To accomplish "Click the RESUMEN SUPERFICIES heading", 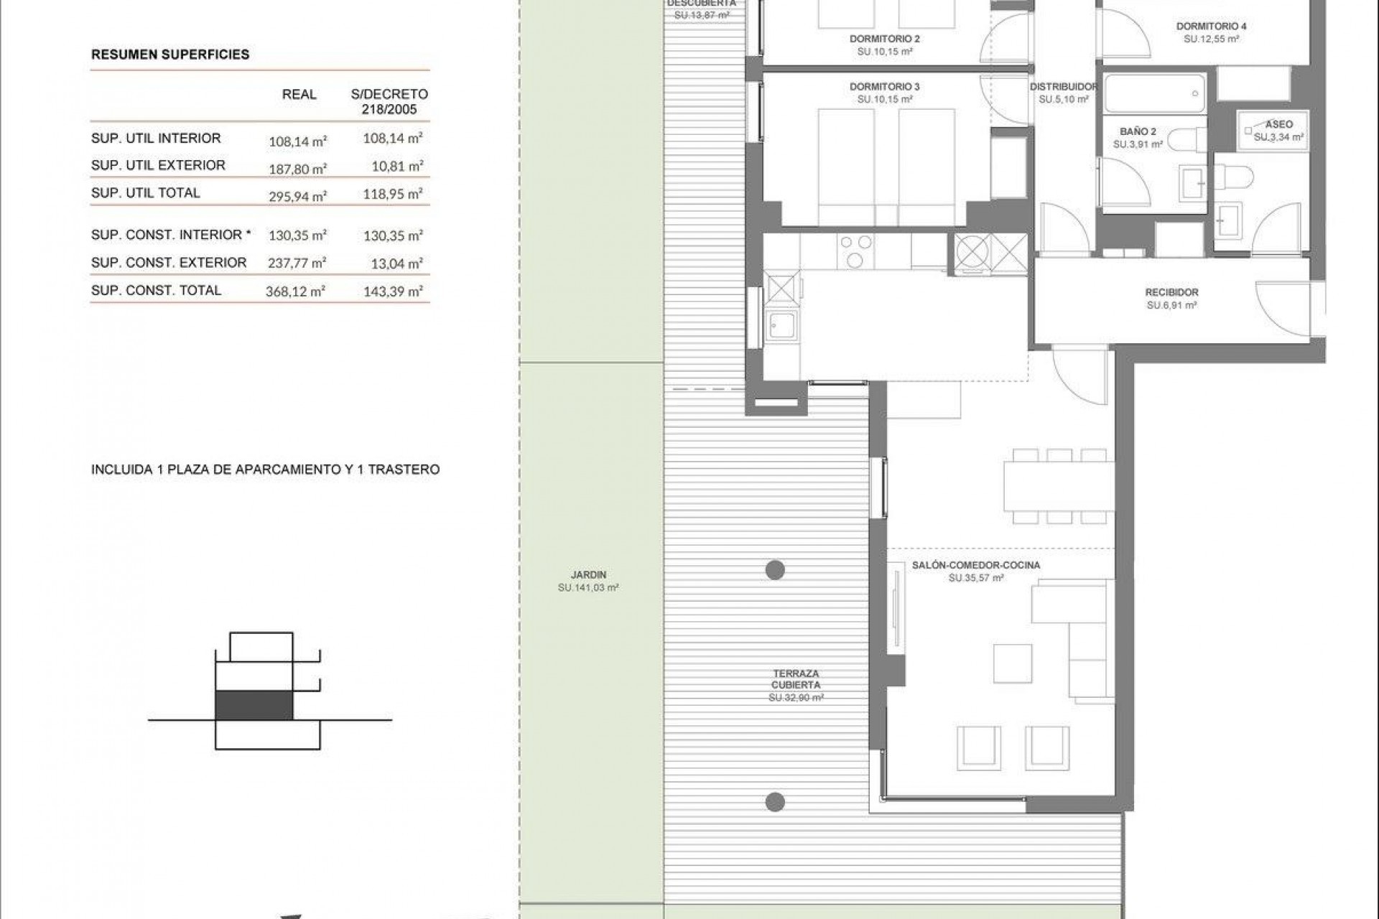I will (x=170, y=55).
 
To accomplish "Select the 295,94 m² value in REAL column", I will (x=297, y=196).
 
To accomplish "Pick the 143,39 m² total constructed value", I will (x=393, y=291).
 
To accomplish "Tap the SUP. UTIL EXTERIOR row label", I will (x=158, y=165).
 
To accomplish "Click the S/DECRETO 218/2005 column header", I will (x=389, y=102).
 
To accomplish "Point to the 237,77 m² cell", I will (x=297, y=263).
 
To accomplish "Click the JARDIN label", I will (x=588, y=574).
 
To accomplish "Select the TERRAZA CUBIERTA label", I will (x=796, y=679).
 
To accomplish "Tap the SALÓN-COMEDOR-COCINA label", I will (x=975, y=565).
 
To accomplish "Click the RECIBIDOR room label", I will (x=1171, y=292).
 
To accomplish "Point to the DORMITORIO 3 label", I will (x=884, y=87).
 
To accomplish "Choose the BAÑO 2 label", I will (x=1138, y=131).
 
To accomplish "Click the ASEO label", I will (x=1279, y=124).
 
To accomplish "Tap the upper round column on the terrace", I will (x=774, y=570).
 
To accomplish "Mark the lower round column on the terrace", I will (x=774, y=801).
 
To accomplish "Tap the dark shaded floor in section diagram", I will (x=254, y=705).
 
